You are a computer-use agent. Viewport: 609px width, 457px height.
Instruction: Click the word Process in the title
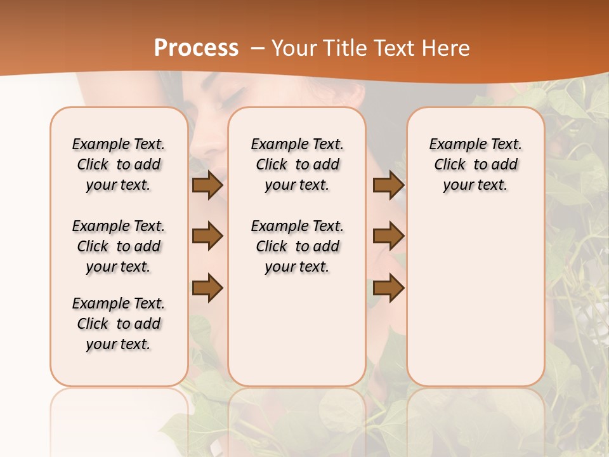pyautogui.click(x=196, y=48)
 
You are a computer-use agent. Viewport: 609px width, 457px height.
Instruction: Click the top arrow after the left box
pyautogui.click(x=207, y=185)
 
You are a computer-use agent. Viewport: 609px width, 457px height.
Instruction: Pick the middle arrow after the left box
pyautogui.click(x=207, y=236)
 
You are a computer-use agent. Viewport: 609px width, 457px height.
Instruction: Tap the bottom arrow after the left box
pyautogui.click(x=207, y=288)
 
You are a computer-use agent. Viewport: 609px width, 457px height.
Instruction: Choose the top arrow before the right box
pyautogui.click(x=388, y=185)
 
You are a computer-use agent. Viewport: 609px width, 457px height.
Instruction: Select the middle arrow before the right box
pyautogui.click(x=388, y=236)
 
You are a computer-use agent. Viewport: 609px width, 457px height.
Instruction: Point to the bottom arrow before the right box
pyautogui.click(x=388, y=288)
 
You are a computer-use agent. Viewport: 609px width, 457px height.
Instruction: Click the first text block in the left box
pyautogui.click(x=119, y=164)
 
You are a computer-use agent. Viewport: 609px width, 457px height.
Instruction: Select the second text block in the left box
pyautogui.click(x=119, y=246)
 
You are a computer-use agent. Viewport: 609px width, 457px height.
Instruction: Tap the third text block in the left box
pyautogui.click(x=119, y=324)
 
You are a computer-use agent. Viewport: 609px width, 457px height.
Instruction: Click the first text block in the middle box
pyautogui.click(x=297, y=164)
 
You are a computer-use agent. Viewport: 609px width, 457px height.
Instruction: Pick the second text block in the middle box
pyautogui.click(x=297, y=246)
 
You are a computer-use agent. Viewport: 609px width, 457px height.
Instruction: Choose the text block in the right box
pyautogui.click(x=475, y=164)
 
